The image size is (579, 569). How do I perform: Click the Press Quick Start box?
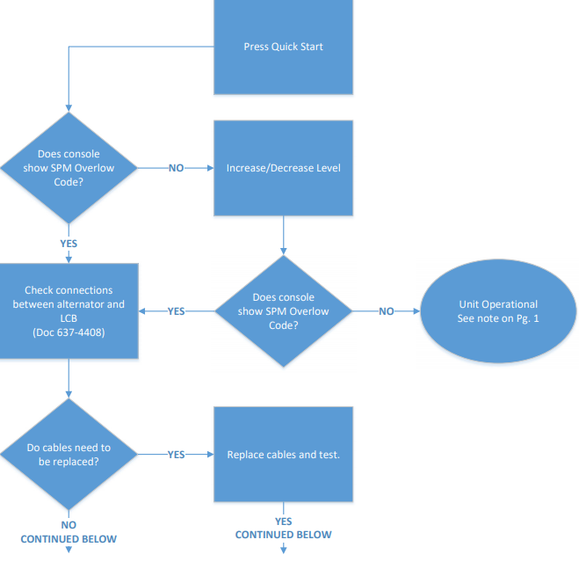pyautogui.click(x=283, y=47)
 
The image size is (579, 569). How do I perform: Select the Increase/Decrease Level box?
pyautogui.click(x=283, y=168)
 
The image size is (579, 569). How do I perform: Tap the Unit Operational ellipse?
pyautogui.click(x=498, y=311)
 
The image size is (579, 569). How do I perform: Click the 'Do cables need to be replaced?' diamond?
pyautogui.click(x=69, y=455)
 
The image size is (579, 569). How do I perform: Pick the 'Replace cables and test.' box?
pyautogui.click(x=283, y=455)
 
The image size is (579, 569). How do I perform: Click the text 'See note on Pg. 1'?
pyautogui.click(x=498, y=318)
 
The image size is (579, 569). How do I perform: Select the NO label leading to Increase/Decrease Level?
pyautogui.click(x=176, y=168)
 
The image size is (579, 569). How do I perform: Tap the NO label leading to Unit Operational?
pyautogui.click(x=386, y=311)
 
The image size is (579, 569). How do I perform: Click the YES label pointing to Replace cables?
pyautogui.click(x=176, y=455)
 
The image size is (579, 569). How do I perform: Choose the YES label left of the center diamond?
pyautogui.click(x=176, y=311)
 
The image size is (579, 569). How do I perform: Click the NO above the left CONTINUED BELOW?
pyautogui.click(x=69, y=525)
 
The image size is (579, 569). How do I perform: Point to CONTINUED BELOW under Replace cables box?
pyautogui.click(x=283, y=535)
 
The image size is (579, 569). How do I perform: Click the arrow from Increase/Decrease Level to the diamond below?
pyautogui.click(x=283, y=236)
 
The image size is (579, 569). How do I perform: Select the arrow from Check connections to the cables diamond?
pyautogui.click(x=69, y=378)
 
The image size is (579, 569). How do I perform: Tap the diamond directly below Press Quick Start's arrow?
pyautogui.click(x=69, y=168)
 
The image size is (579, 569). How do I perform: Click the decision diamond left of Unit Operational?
pyautogui.click(x=283, y=311)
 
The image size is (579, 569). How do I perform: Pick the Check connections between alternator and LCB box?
pyautogui.click(x=69, y=311)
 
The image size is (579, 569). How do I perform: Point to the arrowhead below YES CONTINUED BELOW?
pyautogui.click(x=283, y=551)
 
